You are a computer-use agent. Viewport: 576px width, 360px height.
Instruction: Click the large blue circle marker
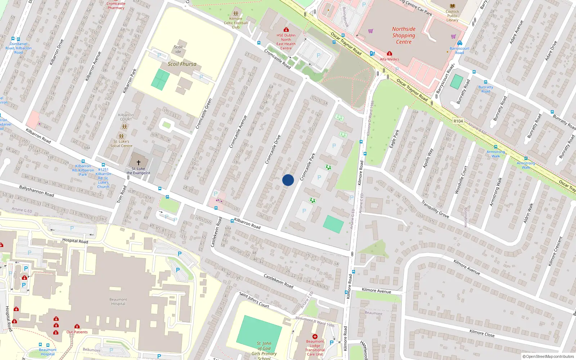tap(288, 180)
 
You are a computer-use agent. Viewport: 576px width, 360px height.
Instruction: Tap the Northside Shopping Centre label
tap(404, 35)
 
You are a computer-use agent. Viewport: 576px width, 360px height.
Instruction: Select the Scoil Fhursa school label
tap(182, 64)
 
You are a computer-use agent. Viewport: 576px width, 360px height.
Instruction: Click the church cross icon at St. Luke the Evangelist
tap(139, 163)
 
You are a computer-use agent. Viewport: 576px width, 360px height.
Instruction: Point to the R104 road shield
tap(458, 121)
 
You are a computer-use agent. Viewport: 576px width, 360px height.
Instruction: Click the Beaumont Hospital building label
tap(118, 301)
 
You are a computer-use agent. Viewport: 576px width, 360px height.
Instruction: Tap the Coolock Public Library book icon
tap(453, 6)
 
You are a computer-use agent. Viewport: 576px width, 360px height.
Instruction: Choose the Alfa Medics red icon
tap(389, 54)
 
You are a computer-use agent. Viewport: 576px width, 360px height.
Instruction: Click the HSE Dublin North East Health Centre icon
tap(286, 30)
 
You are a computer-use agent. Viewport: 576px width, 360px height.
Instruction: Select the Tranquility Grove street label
tap(435, 209)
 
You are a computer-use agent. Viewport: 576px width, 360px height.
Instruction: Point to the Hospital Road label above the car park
tap(75, 240)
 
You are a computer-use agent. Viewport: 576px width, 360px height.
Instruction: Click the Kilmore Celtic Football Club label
tap(236, 23)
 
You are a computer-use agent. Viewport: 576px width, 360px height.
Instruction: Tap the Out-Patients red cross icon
tap(77, 327)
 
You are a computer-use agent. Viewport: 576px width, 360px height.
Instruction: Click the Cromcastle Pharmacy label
tap(116, 6)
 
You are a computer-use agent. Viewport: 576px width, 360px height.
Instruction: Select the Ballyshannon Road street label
tap(36, 191)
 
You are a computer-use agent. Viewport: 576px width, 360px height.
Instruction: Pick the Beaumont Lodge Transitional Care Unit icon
tap(315, 337)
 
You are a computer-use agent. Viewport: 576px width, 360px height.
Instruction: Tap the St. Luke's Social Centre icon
tap(121, 136)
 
